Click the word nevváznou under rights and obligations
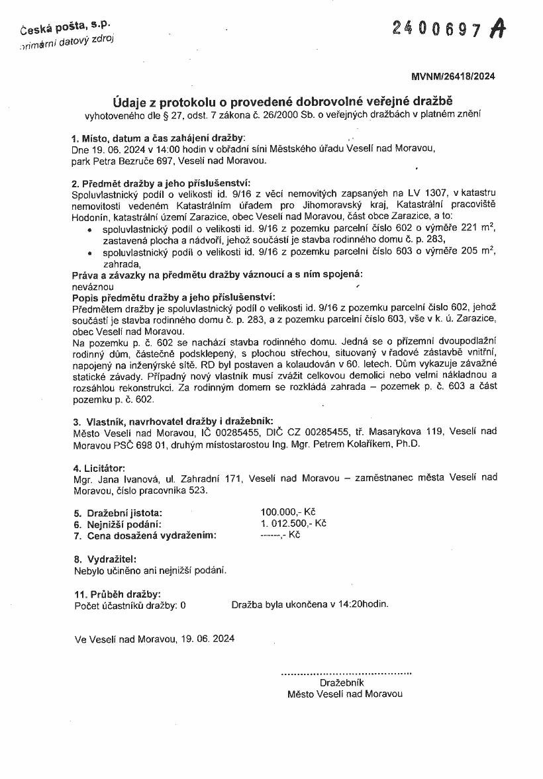(92, 287)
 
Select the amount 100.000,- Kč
(288, 512)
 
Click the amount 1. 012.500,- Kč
(294, 523)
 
